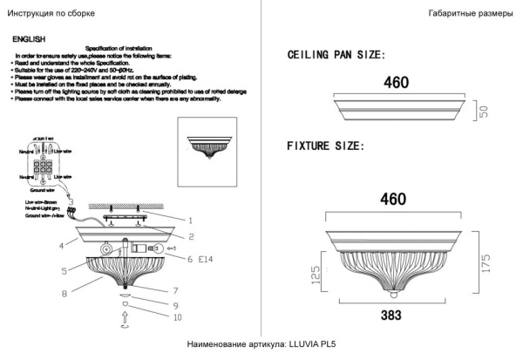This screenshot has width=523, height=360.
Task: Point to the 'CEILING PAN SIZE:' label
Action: [336, 55]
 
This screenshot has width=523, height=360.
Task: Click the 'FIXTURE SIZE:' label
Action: [325, 146]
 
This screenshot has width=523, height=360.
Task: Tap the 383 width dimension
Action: [394, 310]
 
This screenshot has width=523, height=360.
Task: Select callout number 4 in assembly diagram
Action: [62, 246]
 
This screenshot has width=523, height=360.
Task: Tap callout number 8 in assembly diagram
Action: [65, 294]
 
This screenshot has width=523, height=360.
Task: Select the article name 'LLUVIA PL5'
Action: [311, 346]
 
